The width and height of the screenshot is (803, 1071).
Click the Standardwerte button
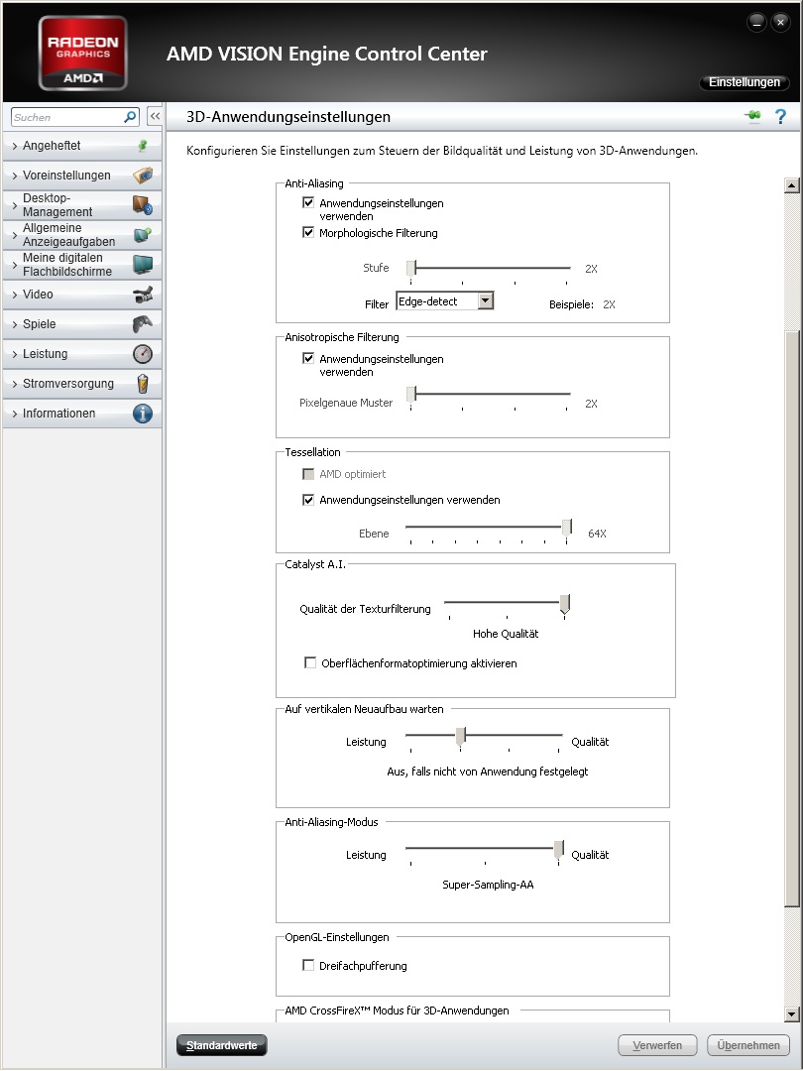tap(221, 1045)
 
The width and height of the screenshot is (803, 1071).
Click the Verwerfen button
tap(656, 1045)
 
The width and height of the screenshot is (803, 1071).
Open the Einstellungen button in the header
tap(744, 82)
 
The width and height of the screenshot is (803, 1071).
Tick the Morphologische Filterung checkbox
tap(308, 233)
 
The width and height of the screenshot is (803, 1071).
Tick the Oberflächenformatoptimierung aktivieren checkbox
tap(310, 663)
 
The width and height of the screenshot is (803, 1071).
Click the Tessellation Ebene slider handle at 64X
tap(567, 528)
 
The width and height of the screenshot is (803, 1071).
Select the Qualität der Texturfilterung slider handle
tap(564, 603)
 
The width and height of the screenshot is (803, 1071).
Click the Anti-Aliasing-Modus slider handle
tap(559, 849)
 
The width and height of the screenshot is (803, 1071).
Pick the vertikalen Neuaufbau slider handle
tap(460, 736)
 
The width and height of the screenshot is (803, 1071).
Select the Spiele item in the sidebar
tap(81, 324)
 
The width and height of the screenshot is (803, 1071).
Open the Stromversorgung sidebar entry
tap(81, 384)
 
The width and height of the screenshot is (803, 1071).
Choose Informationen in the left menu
tap(81, 414)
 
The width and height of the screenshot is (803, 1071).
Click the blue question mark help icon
tap(780, 117)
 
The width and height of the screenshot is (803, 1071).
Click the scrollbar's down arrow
tap(791, 1013)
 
